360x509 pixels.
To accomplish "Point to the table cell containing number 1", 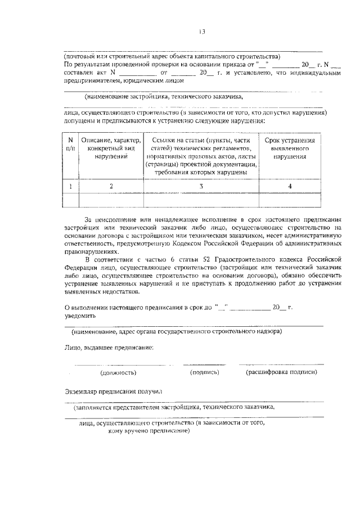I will [70, 186].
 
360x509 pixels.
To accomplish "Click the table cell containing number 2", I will [111, 186].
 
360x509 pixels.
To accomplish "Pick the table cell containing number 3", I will [201, 186].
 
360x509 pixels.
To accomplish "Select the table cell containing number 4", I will [290, 186].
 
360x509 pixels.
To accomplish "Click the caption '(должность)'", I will [118, 372].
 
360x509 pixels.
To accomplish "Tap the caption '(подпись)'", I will [205, 372].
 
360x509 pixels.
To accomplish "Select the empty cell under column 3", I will [201, 200].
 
